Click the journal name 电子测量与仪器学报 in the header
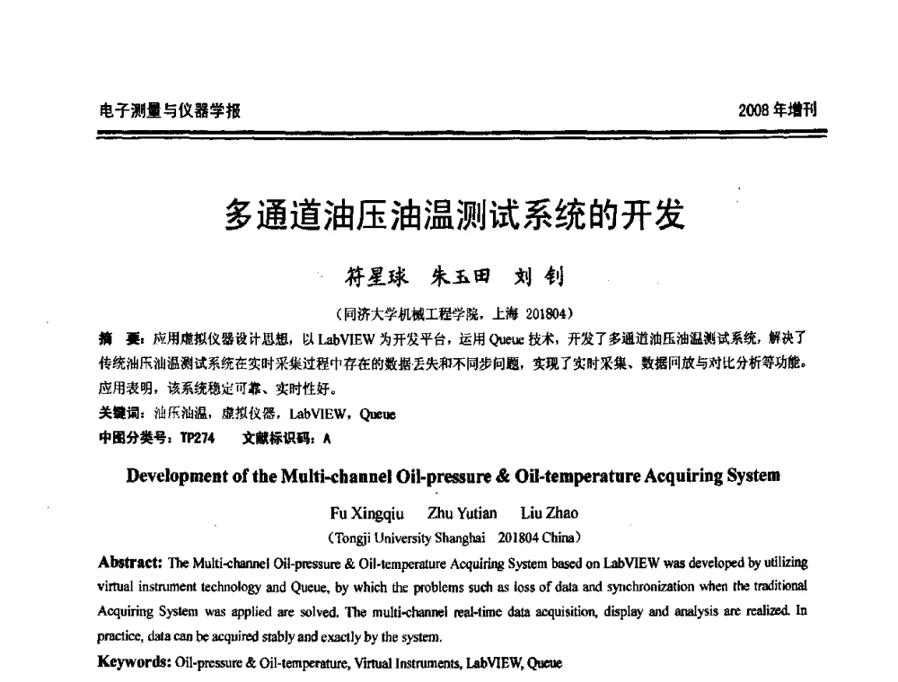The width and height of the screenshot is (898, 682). [x=169, y=111]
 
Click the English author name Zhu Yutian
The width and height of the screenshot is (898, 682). [x=462, y=513]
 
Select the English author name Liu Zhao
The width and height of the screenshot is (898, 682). [x=550, y=513]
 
